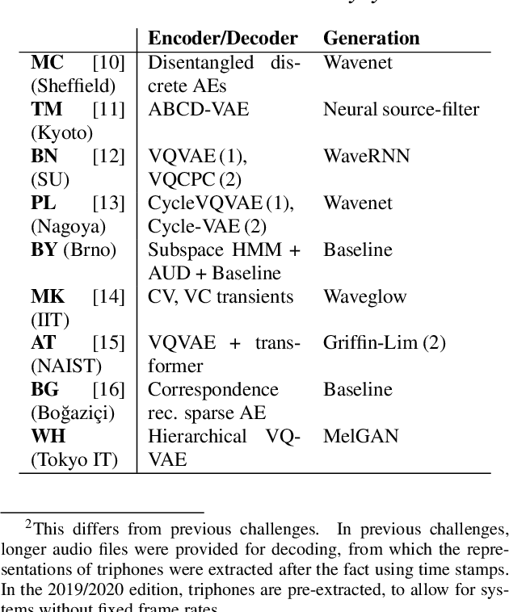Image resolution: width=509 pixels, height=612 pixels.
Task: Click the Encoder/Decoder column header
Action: [x=222, y=38]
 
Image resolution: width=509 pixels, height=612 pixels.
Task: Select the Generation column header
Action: [x=371, y=38]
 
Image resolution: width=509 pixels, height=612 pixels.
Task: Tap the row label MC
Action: [x=45, y=62]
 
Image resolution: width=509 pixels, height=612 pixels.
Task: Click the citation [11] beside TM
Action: [x=109, y=109]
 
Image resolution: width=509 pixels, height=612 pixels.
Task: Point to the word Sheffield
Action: [x=74, y=86]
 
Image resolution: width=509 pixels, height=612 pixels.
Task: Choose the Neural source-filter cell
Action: [x=401, y=109]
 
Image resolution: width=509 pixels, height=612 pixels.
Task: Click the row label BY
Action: [x=44, y=249]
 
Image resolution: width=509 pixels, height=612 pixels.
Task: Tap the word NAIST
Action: [x=67, y=367]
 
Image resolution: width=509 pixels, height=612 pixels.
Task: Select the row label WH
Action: [x=48, y=437]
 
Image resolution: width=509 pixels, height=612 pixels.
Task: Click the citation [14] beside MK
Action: [x=109, y=296]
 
